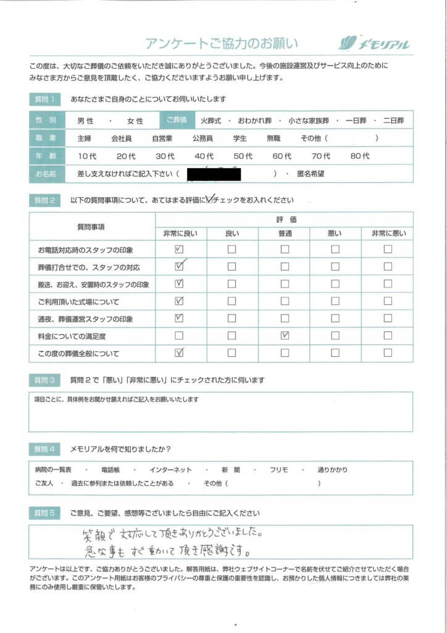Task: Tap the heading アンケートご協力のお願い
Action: coord(222,43)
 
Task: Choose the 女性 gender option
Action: coord(135,121)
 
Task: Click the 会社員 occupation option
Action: coord(121,139)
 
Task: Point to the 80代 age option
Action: coord(360,156)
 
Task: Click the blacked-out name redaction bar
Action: coord(213,174)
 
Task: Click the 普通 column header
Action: coord(285,233)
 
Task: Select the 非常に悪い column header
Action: coord(388,233)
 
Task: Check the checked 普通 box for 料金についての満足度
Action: coord(285,336)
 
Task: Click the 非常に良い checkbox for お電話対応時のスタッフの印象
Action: coord(180,250)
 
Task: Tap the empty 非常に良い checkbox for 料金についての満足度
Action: coord(180,336)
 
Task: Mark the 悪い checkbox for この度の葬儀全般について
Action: coord(335,354)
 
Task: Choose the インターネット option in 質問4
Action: coord(171,470)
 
